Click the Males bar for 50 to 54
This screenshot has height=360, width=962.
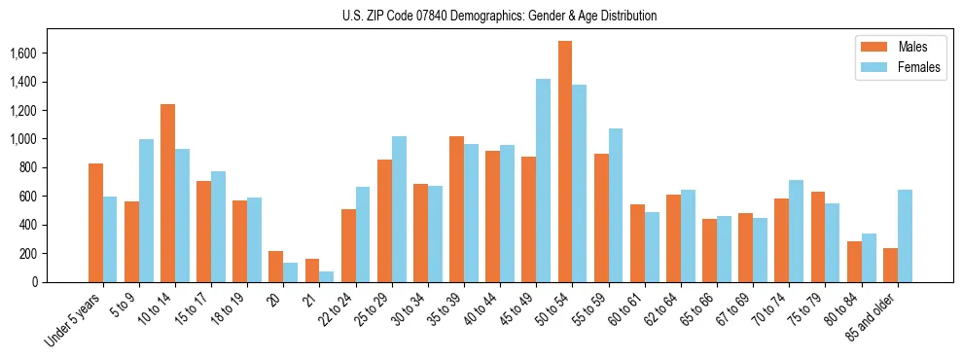[565, 162]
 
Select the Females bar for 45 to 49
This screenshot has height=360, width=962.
[544, 181]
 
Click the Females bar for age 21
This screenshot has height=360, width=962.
[327, 276]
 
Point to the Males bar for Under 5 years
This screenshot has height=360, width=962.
[95, 223]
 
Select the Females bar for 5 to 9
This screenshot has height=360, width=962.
[146, 210]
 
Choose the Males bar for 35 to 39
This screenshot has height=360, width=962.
[456, 209]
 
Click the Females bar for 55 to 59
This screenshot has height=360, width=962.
[616, 205]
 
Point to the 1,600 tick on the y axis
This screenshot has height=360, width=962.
[35, 54]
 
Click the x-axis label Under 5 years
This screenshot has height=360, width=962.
[74, 318]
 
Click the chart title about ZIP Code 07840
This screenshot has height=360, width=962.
[499, 16]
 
